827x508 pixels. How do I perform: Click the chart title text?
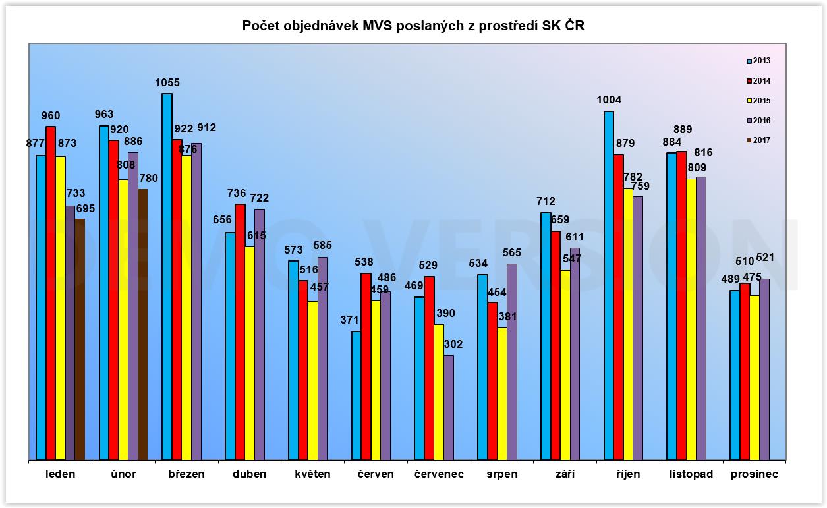click(413, 26)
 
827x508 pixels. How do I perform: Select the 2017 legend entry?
click(758, 140)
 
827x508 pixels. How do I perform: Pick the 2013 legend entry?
click(758, 61)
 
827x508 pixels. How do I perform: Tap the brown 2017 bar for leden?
click(80, 339)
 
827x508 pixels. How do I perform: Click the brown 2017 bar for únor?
click(142, 324)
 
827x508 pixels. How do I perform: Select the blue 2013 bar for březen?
click(167, 277)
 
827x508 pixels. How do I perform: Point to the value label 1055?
click(167, 83)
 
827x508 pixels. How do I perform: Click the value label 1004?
click(609, 100)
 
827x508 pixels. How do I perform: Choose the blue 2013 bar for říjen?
click(609, 285)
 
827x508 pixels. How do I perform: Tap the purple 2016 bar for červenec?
click(449, 407)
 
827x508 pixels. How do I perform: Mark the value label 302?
click(453, 344)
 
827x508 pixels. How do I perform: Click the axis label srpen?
click(501, 474)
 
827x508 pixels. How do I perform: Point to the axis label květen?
click(312, 474)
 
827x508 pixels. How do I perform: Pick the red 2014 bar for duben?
click(240, 331)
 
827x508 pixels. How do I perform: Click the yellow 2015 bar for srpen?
click(502, 393)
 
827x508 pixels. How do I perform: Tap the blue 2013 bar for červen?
click(356, 395)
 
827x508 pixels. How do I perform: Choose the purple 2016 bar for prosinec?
click(764, 369)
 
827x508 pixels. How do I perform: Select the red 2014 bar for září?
click(556, 345)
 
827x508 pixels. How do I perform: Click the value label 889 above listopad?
click(683, 130)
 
